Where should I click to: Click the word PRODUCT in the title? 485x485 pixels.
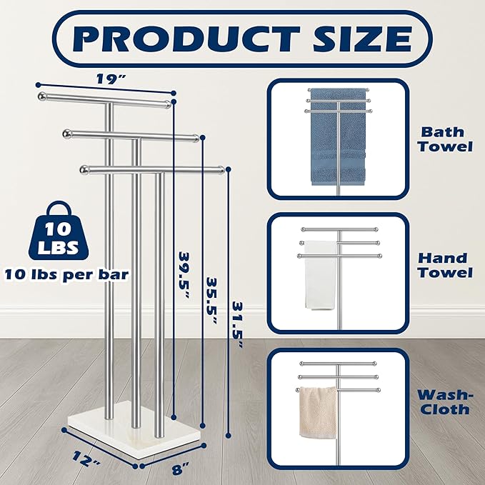click(186, 39)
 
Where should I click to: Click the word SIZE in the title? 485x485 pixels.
click(363, 39)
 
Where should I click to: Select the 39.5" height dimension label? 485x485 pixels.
click(185, 275)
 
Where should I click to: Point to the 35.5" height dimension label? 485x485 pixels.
click(211, 301)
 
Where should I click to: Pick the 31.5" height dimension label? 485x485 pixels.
click(237, 325)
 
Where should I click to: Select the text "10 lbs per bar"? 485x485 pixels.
click(66, 275)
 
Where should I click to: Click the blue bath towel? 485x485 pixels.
click(338, 136)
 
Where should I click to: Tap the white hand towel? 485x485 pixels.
click(321, 275)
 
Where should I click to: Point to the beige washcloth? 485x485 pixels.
click(319, 412)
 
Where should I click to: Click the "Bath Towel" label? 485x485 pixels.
click(445, 139)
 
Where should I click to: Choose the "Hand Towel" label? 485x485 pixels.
click(445, 265)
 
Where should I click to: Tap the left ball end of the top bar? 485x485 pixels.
click(42, 96)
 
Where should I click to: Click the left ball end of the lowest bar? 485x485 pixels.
click(84, 170)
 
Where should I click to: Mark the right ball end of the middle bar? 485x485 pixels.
click(196, 138)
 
